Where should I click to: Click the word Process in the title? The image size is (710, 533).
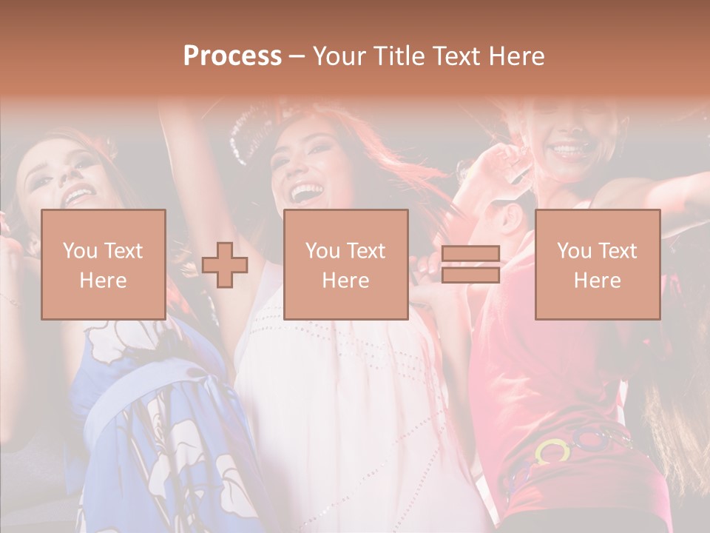pos(232,56)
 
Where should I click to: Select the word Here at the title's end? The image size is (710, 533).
pos(515,56)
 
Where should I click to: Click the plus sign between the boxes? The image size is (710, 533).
pos(225,265)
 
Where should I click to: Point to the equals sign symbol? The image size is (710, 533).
pos(470,264)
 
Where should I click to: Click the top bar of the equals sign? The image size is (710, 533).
pos(470,254)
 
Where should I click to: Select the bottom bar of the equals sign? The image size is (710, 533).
pos(470,275)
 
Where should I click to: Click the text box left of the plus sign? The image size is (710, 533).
pos(103,264)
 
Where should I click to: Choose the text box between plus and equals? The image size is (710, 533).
pos(345,264)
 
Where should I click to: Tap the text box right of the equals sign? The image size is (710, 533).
pos(597,264)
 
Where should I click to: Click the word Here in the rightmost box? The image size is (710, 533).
pos(597,280)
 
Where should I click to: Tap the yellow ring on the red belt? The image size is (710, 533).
pos(552,451)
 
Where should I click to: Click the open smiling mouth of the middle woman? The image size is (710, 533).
pos(303,194)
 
